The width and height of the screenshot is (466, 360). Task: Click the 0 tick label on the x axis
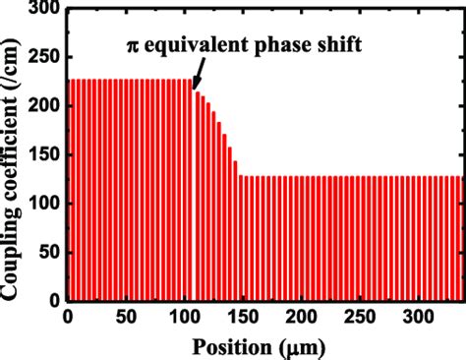coord(67,317)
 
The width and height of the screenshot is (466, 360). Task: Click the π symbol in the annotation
coord(131,44)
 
